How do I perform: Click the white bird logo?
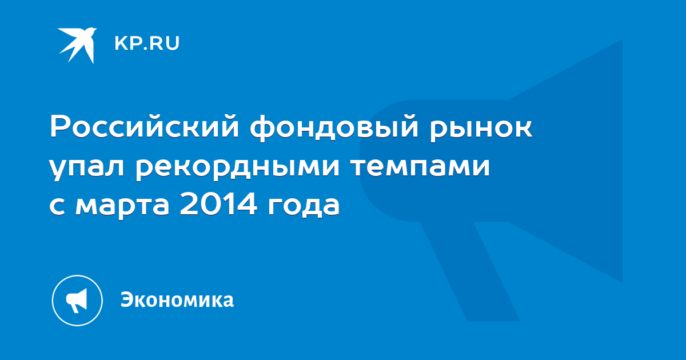(77, 45)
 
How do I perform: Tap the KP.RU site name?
(147, 43)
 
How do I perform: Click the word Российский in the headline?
(144, 126)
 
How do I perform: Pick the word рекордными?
(237, 169)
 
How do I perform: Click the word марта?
(122, 206)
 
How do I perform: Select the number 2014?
(218, 203)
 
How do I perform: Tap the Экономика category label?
(177, 299)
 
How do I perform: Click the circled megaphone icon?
(77, 301)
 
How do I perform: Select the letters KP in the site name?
(127, 43)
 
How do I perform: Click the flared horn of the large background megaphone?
(567, 161)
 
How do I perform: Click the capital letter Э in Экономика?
(127, 299)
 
